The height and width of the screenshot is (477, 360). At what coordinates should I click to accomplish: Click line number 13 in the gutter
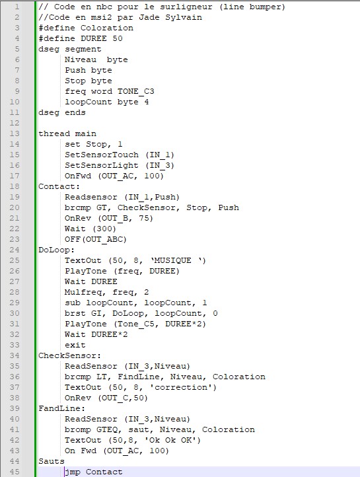pyautogui.click(x=15, y=133)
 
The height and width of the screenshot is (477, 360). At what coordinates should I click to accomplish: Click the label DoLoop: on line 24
pyautogui.click(x=56, y=250)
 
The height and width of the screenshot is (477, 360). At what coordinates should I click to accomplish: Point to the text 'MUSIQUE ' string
pyautogui.click(x=178, y=261)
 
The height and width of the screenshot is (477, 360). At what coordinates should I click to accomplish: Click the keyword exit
pyautogui.click(x=75, y=346)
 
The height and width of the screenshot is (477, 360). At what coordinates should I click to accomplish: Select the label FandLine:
pyautogui.click(x=61, y=408)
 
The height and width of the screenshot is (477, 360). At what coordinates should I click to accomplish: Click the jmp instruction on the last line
pyautogui.click(x=73, y=472)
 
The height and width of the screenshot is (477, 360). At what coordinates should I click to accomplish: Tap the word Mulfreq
pyautogui.click(x=83, y=293)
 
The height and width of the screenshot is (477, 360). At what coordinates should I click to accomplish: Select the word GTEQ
pyautogui.click(x=107, y=429)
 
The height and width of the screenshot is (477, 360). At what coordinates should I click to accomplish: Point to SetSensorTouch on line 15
pyautogui.click(x=102, y=155)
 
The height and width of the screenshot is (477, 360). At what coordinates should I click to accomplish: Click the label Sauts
pyautogui.click(x=52, y=462)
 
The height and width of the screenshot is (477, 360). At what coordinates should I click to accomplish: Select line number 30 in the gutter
pyautogui.click(x=15, y=314)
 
